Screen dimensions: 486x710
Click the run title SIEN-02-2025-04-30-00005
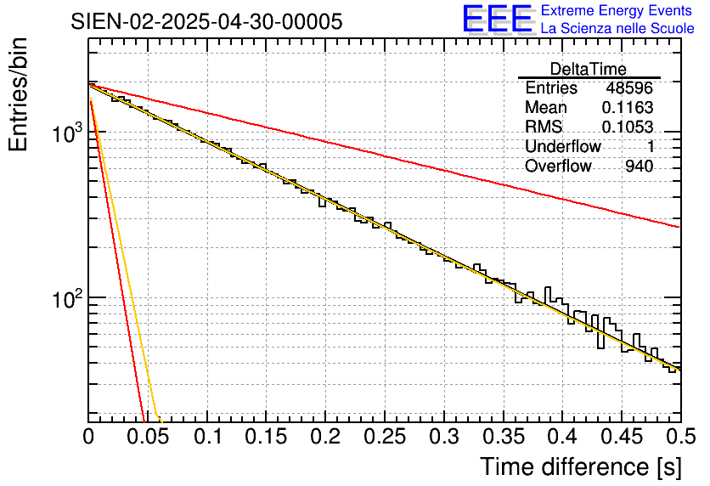tap(207, 21)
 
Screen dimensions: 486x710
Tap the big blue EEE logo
tap(498, 19)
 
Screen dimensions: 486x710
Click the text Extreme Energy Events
tap(617, 11)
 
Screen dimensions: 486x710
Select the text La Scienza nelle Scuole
tap(617, 28)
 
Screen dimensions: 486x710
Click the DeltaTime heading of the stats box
tap(589, 69)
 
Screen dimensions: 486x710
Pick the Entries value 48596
tap(629, 88)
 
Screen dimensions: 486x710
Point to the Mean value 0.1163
tap(628, 108)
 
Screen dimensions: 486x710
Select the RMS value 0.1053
tap(628, 127)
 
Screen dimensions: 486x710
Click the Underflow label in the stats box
tap(563, 147)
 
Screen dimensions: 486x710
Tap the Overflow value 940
tap(639, 167)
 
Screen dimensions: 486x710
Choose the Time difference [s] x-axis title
tap(580, 466)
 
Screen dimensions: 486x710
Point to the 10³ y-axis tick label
tap(67, 133)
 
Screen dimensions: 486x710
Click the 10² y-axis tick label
tap(67, 299)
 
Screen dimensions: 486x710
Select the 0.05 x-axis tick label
tap(148, 438)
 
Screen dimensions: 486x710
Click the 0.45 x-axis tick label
tap(622, 438)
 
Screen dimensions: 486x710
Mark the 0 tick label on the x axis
tap(88, 438)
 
